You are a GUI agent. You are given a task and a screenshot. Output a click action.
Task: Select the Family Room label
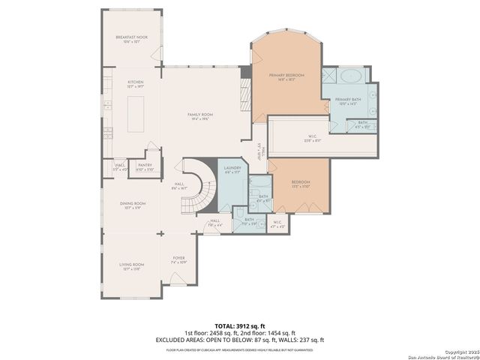point(200,115)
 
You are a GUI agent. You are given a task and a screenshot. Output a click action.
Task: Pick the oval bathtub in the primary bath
point(349,76)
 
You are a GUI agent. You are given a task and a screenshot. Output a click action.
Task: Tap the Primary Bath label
point(348,101)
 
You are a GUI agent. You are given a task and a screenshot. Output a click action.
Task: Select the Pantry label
point(145,166)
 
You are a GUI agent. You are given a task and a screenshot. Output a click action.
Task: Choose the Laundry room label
point(231,170)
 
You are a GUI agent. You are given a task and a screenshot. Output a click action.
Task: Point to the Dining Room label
point(132,205)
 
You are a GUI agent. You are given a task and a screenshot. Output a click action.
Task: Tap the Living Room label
point(130,265)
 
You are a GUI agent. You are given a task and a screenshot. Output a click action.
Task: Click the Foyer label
point(178,259)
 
